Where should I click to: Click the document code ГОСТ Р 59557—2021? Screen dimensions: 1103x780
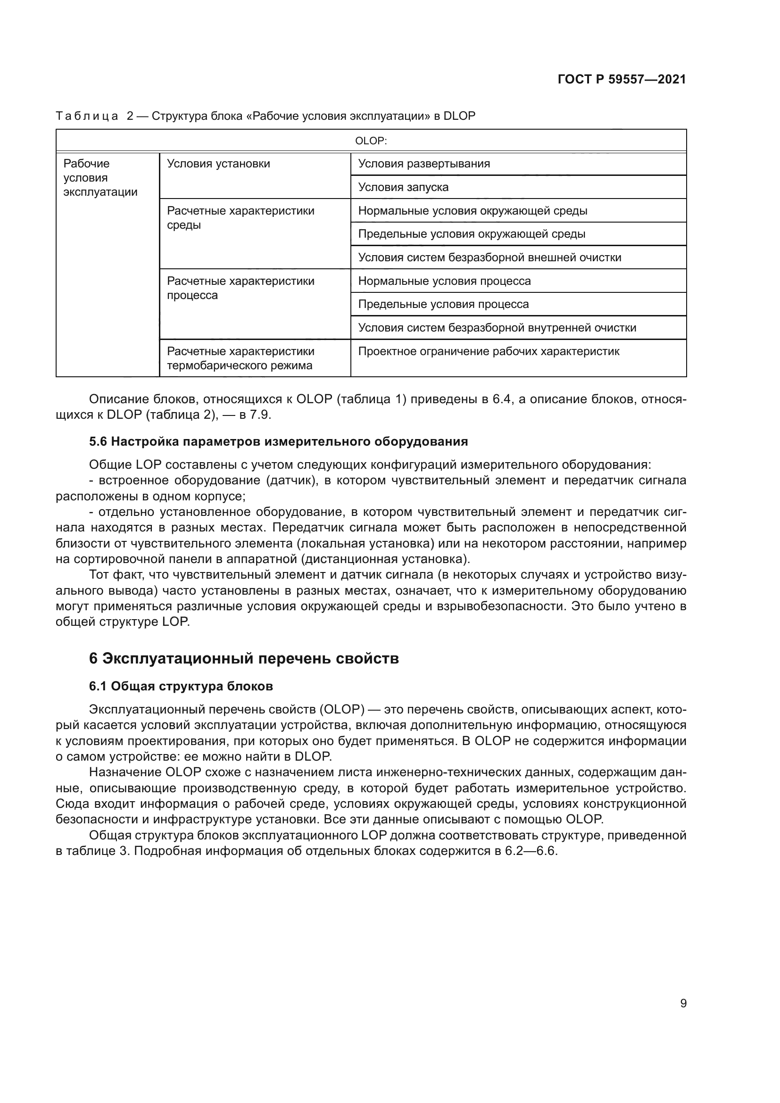(x=622, y=79)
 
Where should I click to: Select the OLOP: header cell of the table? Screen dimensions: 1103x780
(x=371, y=141)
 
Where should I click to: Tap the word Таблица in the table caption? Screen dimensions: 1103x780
(x=87, y=116)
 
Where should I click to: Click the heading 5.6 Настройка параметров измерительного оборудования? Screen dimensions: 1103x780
(x=278, y=441)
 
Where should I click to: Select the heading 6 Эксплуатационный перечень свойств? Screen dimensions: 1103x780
(x=243, y=658)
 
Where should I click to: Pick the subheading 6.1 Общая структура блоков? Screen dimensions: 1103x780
(x=181, y=686)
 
